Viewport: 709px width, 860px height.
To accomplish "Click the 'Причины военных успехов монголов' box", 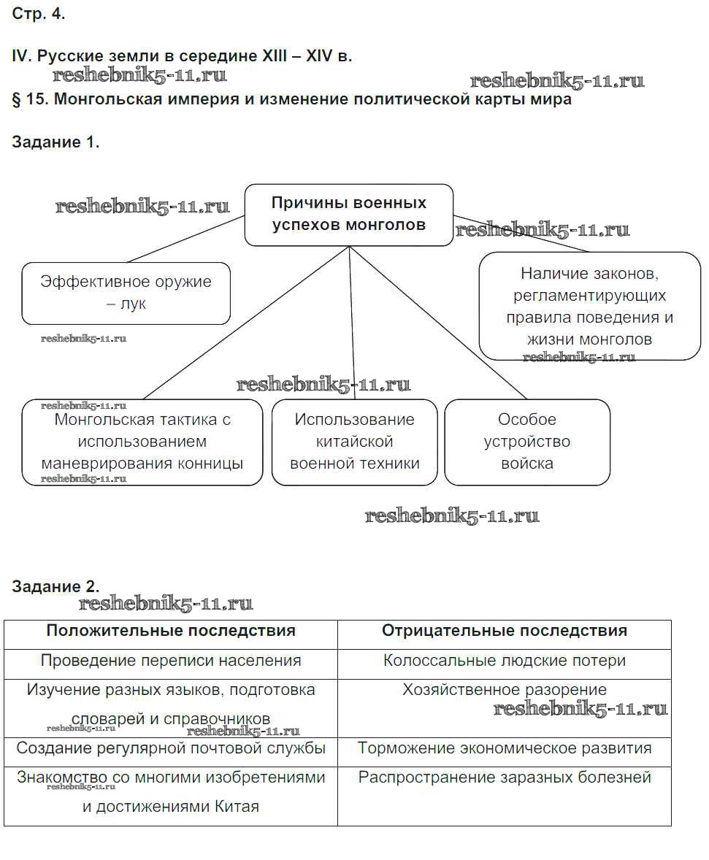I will pos(348,214).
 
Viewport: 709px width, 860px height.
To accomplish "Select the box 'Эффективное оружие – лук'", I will pos(126,293).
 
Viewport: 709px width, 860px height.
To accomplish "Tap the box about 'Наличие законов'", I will pos(589,306).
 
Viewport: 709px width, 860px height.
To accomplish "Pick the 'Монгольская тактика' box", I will pos(142,442).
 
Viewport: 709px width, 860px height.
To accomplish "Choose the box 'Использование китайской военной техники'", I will pos(355,442).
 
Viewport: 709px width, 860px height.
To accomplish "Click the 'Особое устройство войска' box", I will pos(527,442).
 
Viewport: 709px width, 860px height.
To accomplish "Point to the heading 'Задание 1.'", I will pos(55,142).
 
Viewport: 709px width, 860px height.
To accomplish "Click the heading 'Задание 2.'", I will pos(55,587).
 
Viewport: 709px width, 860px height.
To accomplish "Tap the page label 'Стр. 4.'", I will pos(39,15).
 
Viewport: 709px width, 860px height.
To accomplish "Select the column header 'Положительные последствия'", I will pos(171,631).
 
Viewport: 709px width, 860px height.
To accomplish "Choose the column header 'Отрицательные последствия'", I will pos(505,631).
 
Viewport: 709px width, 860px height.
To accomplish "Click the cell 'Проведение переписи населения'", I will pos(171,661).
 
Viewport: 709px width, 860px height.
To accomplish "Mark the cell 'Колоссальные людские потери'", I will pos(505,661).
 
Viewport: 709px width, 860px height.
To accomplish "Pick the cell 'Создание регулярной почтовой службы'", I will pos(171,748).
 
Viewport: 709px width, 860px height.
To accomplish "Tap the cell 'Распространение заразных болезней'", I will pos(505,778).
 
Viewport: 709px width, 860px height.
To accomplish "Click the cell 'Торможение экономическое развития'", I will pos(505,748).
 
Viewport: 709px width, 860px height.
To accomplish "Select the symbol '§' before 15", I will pos(17,100).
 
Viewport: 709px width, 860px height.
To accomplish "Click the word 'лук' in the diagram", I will pos(133,304).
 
